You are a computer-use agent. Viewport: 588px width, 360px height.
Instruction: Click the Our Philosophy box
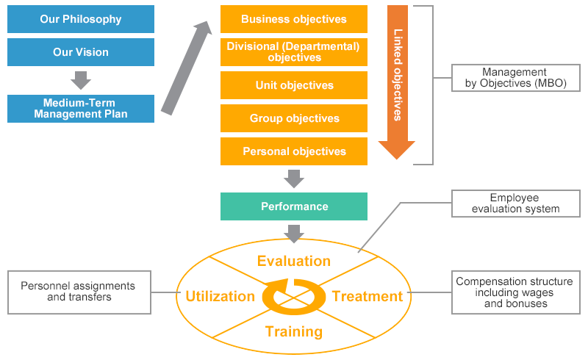[x=81, y=19]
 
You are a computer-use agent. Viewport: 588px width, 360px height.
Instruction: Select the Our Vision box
[x=81, y=52]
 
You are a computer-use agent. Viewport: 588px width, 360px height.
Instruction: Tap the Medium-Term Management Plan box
[x=81, y=109]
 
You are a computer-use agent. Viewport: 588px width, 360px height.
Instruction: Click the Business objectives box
[x=294, y=19]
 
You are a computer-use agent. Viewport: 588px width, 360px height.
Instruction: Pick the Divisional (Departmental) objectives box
[x=294, y=52]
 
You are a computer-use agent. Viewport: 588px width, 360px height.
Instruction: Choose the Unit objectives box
[x=294, y=85]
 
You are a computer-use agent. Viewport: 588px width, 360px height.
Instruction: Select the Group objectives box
[x=294, y=118]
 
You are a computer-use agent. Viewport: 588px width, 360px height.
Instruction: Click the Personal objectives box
[x=294, y=151]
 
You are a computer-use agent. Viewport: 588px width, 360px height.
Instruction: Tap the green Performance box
[x=294, y=206]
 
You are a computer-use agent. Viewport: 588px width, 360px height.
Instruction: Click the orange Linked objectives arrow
[x=397, y=81]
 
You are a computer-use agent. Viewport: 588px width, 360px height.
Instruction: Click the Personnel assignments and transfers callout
[x=77, y=292]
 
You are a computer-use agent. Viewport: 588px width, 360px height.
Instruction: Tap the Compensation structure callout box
[x=515, y=292]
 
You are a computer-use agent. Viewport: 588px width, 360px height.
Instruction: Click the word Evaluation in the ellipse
[x=294, y=261]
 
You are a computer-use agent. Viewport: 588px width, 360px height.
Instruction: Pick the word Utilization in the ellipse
[x=220, y=296]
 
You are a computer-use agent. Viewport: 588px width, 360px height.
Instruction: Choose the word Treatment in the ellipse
[x=367, y=296]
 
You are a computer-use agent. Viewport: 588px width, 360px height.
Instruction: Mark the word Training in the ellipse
[x=294, y=331]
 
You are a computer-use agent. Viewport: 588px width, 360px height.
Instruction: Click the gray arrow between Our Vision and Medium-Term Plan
[x=81, y=80]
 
